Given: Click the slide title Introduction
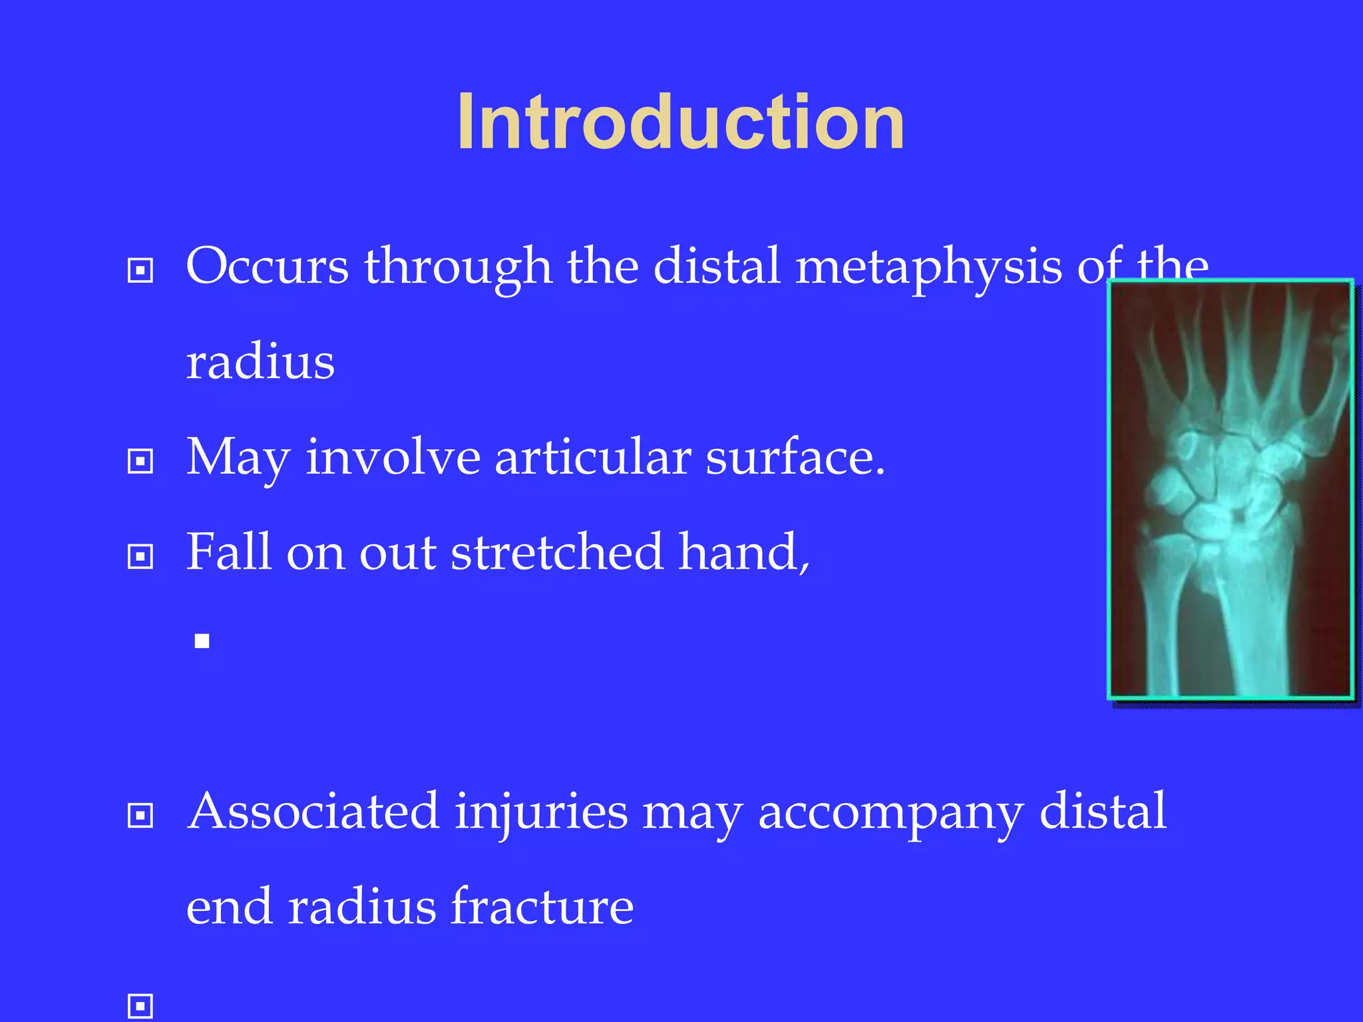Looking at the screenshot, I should [680, 122].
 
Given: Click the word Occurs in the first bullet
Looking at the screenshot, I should [267, 266].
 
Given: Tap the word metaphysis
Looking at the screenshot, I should [928, 266].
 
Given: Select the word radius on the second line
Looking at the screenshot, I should [260, 363].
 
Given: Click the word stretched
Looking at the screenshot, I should [556, 552].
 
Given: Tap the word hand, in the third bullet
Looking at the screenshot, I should [743, 552].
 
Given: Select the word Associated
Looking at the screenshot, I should [313, 811].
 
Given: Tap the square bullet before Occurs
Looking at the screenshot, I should [140, 271].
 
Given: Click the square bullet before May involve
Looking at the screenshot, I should [140, 461].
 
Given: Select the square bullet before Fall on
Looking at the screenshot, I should [140, 556].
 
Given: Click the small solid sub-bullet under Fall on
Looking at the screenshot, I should [202, 641].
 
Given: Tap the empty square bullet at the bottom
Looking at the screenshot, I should [140, 1005].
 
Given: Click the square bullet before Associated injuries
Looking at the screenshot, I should [140, 815].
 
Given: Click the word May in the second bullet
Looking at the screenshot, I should [238, 459].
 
